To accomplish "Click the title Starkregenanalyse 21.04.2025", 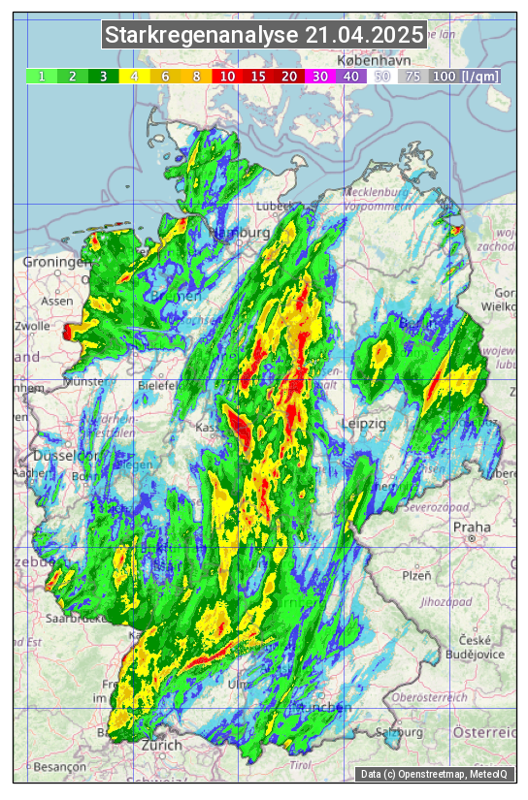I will (264, 36).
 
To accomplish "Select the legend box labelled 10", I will (227, 76).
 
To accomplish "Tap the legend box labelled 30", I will (320, 76).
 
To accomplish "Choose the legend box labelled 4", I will (134, 76).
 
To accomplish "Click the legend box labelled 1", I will (42, 76).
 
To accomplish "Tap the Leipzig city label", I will (364, 424).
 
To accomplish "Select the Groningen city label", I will (56, 263).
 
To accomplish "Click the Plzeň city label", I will (416, 575).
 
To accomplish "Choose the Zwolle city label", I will (31, 326).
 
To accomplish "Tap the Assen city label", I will (57, 301).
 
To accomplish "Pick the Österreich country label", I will (489, 730).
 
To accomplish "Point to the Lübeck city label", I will (273, 206).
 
